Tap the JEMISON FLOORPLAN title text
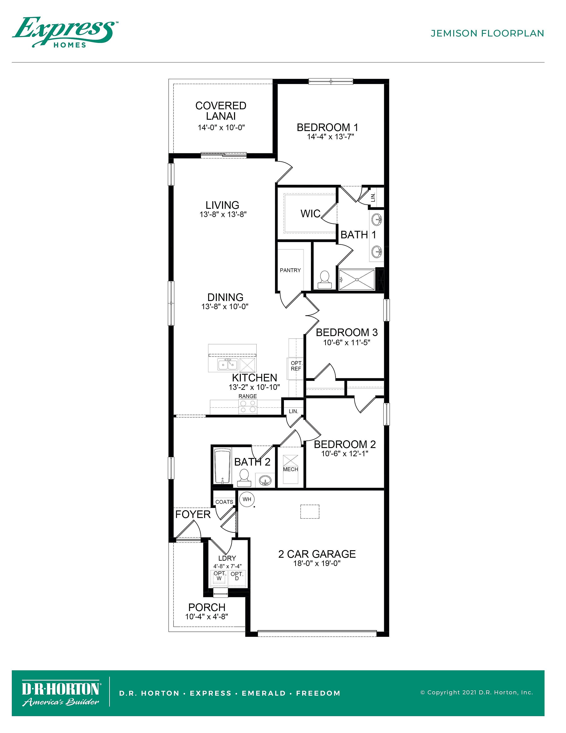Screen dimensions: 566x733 click(x=487, y=33)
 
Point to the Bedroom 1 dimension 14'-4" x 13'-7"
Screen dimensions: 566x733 click(x=331, y=137)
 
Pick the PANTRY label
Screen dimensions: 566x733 click(x=290, y=270)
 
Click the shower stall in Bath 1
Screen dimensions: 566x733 click(x=357, y=279)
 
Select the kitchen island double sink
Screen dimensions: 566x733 click(x=228, y=364)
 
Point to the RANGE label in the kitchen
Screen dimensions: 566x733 click(x=248, y=396)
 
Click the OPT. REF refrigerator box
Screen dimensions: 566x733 click(x=296, y=368)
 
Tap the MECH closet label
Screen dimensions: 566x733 click(x=290, y=469)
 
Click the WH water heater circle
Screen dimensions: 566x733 click(x=247, y=499)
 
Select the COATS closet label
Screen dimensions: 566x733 click(x=224, y=502)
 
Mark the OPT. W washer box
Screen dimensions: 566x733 click(x=219, y=576)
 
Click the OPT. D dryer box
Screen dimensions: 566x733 click(x=237, y=576)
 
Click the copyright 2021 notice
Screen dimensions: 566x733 click(x=477, y=692)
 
